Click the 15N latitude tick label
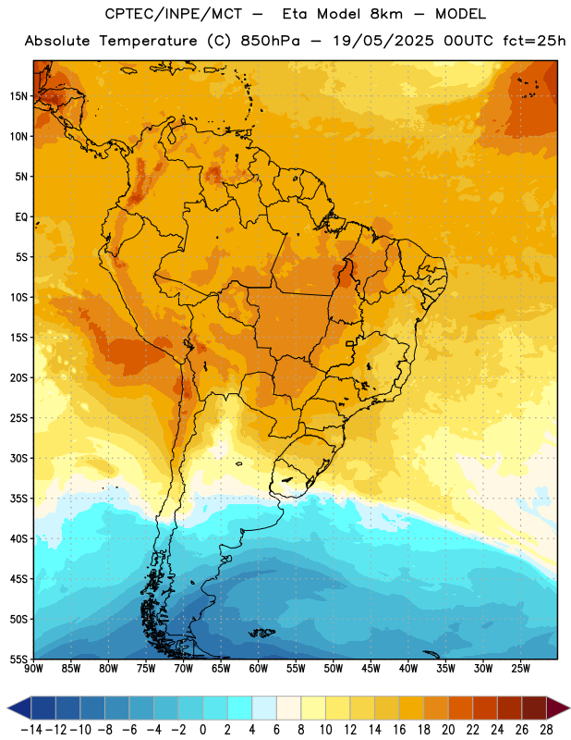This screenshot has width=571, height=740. tap(18, 96)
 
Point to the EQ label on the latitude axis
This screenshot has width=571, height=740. tap(21, 217)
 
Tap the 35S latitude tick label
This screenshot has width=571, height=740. tap(18, 499)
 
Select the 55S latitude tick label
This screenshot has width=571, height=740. tap(18, 659)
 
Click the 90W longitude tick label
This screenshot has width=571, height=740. tap(34, 668)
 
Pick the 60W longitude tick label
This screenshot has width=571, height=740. tap(259, 668)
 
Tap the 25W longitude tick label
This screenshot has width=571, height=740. tap(520, 668)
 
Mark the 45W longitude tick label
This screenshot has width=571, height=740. tap(371, 668)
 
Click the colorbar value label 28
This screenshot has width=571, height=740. tap(546, 729)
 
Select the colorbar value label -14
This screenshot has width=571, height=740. tap(31, 729)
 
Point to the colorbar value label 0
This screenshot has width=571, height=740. tap(202, 729)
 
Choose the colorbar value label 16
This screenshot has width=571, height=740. tap(399, 729)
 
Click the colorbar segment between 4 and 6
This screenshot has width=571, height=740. tap(264, 709)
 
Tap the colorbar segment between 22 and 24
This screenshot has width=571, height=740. tap(485, 709)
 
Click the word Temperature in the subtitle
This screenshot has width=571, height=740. tap(148, 41)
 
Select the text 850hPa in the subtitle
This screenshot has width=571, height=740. tap(270, 41)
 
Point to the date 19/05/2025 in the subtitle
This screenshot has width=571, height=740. tap(383, 41)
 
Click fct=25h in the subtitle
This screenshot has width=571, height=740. tap(534, 41)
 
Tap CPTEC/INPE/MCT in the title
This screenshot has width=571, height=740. tap(174, 14)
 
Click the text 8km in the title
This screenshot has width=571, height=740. tap(386, 14)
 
